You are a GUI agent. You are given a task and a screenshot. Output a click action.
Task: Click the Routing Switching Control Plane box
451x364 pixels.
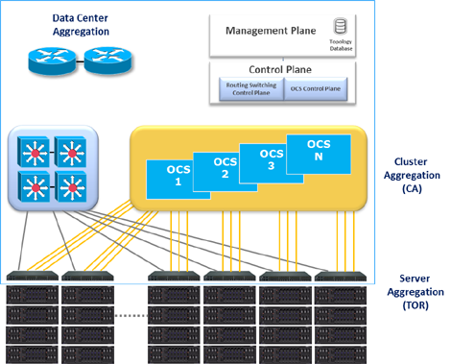pos(246,89)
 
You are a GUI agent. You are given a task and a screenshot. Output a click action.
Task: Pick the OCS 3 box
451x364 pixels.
pos(272,158)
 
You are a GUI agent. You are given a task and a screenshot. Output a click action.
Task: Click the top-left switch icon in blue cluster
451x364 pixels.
pos(33,151)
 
